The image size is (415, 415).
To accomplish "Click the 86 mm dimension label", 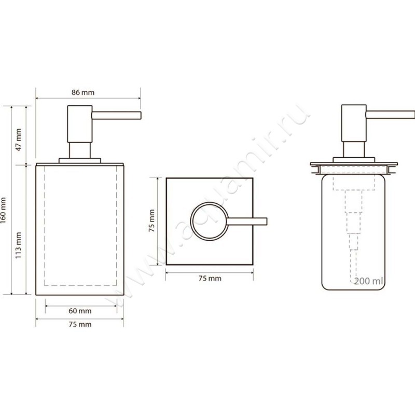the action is point(83,92).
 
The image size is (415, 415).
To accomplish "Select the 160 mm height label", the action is point(3,211).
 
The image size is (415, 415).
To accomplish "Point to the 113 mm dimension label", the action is point(18,245).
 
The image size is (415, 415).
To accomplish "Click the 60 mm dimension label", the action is point(80,311).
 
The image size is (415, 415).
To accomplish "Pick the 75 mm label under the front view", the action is point(80,324).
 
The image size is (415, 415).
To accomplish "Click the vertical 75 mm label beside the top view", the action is point(151,221).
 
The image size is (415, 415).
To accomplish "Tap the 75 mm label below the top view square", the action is point(210,279).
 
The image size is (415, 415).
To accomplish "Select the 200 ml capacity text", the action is point(368,281).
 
